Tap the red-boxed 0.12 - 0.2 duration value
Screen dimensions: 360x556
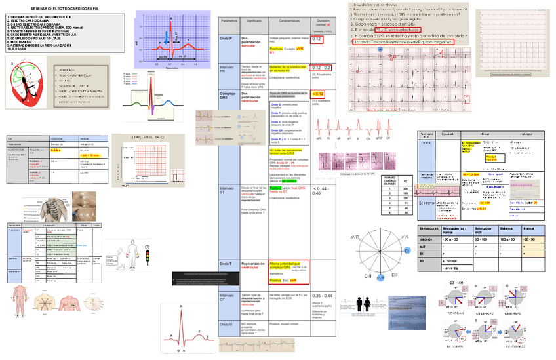pyautogui.click(x=321, y=68)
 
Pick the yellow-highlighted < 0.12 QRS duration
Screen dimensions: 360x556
pyautogui.click(x=319, y=94)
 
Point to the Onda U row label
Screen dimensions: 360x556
pyautogui.click(x=227, y=325)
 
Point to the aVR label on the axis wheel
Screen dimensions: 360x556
pyautogui.click(x=354, y=236)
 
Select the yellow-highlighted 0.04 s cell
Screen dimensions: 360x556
pyautogui.click(x=56, y=151)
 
